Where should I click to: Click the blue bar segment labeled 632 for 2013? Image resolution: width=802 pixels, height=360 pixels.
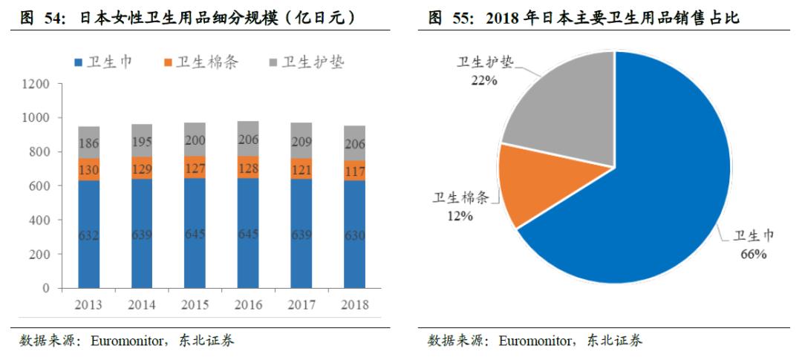pyautogui.click(x=89, y=234)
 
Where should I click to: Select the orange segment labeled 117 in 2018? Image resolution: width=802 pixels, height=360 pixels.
pyautogui.click(x=355, y=171)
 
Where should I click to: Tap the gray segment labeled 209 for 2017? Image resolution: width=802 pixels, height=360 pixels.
pyautogui.click(x=301, y=140)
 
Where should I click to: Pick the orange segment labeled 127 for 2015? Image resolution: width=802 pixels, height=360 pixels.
pyautogui.click(x=195, y=168)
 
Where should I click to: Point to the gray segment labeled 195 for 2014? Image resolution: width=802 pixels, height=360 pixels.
pyautogui.click(x=142, y=141)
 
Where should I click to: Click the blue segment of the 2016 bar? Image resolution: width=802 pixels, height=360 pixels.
pyautogui.click(x=248, y=234)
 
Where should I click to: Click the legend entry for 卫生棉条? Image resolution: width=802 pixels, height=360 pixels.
pyautogui.click(x=200, y=62)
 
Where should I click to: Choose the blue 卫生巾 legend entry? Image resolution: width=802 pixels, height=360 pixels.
pyautogui.click(x=103, y=62)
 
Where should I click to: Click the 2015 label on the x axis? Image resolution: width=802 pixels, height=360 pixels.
pyautogui.click(x=195, y=304)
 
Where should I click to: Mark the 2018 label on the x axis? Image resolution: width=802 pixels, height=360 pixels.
pyautogui.click(x=355, y=304)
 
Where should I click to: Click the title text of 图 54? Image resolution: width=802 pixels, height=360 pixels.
pyautogui.click(x=186, y=17)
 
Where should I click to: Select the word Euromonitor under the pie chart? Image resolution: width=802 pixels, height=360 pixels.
pyautogui.click(x=534, y=341)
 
